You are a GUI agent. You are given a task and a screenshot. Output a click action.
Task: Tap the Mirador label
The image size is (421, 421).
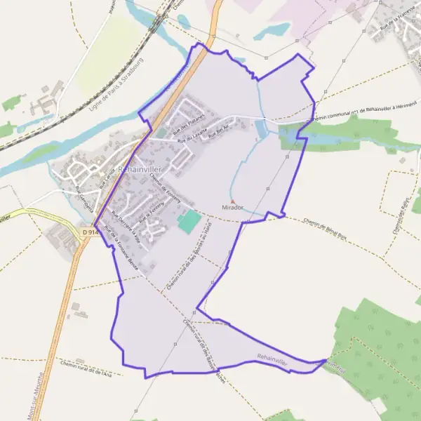(x=232, y=208)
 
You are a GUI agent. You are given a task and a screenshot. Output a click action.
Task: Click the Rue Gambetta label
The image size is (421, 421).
(x=84, y=199)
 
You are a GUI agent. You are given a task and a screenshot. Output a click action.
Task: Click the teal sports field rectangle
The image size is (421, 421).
(x=188, y=223)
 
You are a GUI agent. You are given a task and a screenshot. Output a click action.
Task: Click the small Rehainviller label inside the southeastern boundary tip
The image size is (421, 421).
(x=272, y=359)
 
